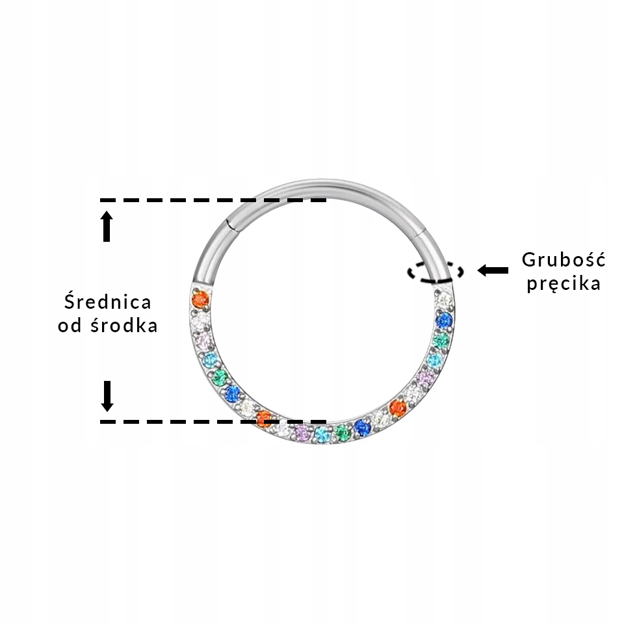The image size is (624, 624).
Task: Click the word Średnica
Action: point(108,302)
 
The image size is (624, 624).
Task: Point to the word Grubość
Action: point(564,260)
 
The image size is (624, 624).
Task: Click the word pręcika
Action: point(564,284)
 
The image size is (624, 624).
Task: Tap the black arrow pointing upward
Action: point(107,226)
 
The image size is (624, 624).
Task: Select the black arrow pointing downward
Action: point(107,396)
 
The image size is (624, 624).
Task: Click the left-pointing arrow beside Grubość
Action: point(493,270)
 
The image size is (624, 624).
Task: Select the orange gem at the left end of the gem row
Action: point(201,300)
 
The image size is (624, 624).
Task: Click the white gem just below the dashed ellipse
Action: point(445,300)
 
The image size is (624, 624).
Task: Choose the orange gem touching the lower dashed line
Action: point(264,419)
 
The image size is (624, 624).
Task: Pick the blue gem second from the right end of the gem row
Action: point(444,320)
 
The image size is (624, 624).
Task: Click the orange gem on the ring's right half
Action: point(398,408)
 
